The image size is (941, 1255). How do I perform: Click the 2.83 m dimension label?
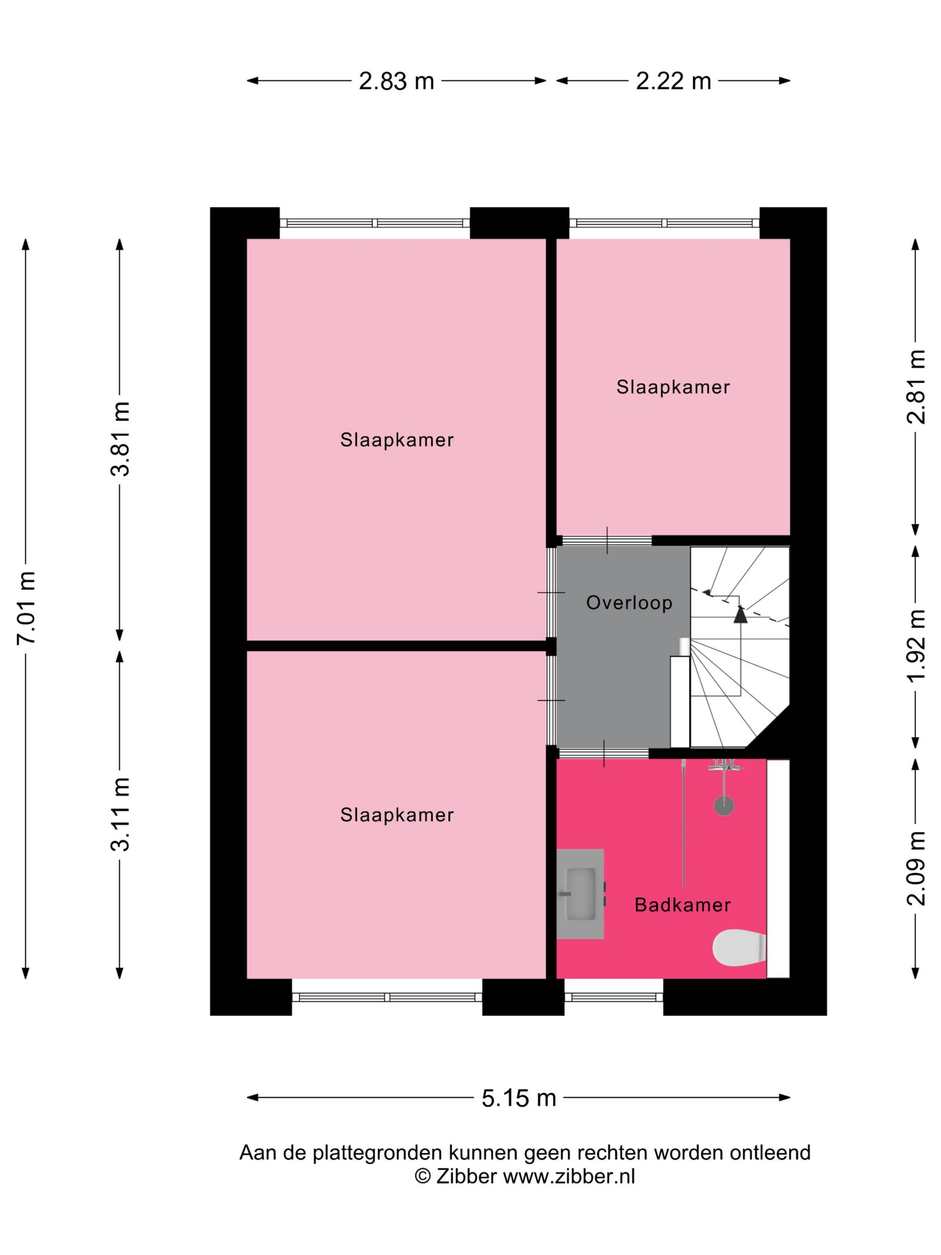click(396, 81)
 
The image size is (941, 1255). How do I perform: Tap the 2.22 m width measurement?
click(673, 81)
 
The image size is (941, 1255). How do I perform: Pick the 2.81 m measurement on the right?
click(916, 387)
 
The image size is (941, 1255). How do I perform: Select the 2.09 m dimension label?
click(916, 868)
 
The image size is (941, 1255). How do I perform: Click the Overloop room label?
click(629, 602)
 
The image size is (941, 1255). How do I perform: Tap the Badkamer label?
click(682, 904)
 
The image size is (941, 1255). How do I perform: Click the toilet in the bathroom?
click(739, 948)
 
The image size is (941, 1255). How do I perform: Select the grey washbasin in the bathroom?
click(580, 894)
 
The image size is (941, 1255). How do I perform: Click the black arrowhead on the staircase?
click(740, 615)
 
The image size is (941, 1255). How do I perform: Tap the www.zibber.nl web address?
click(569, 1176)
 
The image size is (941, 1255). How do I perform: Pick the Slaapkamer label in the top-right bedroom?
click(673, 387)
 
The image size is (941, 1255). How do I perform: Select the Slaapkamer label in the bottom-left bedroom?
click(397, 815)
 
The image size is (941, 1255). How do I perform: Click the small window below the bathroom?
click(614, 996)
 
